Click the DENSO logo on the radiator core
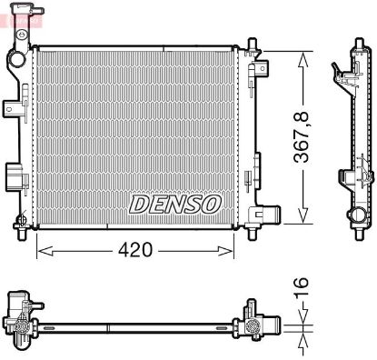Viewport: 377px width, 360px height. [x=175, y=205]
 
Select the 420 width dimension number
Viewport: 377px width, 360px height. [x=135, y=250]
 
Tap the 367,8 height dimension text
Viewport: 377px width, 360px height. [x=302, y=137]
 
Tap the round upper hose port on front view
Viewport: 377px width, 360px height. [x=16, y=59]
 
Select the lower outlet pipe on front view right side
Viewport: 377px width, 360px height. [x=272, y=214]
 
